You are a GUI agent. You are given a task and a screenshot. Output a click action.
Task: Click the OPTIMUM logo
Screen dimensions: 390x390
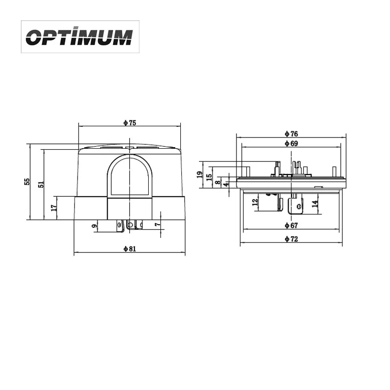(79, 37)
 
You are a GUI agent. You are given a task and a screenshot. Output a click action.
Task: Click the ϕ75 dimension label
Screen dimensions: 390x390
(129, 123)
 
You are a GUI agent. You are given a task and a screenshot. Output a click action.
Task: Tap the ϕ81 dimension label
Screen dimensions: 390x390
(129, 249)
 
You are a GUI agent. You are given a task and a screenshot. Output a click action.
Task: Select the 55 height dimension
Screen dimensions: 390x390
(27, 181)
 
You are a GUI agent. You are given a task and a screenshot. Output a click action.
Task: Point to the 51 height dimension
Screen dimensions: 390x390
(41, 184)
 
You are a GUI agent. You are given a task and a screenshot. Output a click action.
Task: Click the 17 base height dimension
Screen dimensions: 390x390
(54, 208)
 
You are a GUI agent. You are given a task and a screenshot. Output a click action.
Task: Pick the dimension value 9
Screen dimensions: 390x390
(94, 225)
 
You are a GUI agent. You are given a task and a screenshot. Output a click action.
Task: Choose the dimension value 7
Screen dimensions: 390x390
(157, 224)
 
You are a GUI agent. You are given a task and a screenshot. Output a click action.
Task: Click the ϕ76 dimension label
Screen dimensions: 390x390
(291, 134)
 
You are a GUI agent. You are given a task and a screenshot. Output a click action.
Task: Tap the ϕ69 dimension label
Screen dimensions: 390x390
(291, 143)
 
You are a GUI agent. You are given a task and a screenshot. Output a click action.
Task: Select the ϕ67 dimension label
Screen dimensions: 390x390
(291, 225)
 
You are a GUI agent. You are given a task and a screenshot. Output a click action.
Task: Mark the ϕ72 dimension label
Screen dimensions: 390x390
(291, 239)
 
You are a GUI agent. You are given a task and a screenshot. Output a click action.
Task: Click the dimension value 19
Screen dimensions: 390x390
(199, 174)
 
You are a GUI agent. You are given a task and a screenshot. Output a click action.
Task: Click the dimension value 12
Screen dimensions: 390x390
(254, 202)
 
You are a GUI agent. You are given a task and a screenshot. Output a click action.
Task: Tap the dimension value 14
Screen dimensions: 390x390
(315, 203)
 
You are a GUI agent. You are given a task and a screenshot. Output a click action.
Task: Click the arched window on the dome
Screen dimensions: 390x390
(129, 175)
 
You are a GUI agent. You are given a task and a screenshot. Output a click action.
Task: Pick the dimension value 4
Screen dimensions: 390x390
(226, 185)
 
